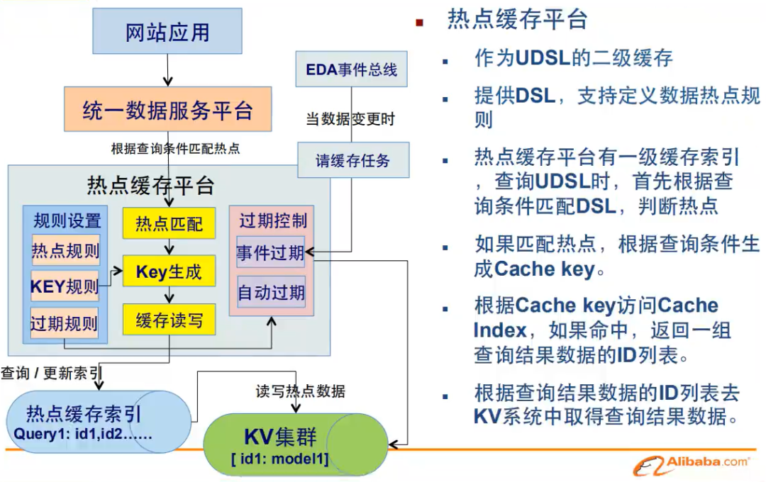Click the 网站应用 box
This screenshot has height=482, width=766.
(167, 33)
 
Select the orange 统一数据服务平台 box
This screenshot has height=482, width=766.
(167, 110)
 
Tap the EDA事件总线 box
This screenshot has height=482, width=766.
(351, 69)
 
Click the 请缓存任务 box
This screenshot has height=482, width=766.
(353, 159)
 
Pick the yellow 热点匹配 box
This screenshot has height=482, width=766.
(168, 224)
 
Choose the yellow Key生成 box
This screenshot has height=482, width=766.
(168, 271)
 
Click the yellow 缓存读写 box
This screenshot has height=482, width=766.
(168, 320)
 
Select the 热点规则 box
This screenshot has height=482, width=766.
(65, 252)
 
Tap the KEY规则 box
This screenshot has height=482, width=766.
(65, 287)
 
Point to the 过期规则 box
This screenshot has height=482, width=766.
(65, 324)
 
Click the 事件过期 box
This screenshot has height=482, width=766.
(270, 253)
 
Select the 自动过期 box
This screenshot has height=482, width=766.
(270, 292)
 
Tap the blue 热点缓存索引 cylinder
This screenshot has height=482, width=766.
(92, 421)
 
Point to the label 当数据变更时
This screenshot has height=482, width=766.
(350, 119)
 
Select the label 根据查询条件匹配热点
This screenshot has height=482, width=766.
(175, 149)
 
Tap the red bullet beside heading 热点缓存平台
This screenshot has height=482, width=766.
(419, 23)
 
